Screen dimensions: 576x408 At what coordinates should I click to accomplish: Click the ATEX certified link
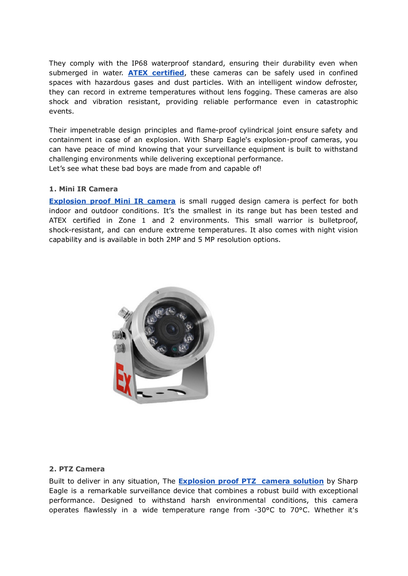(x=156, y=73)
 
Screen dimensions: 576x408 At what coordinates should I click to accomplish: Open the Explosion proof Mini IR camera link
(x=112, y=201)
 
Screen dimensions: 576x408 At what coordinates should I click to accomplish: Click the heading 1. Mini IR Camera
(x=83, y=189)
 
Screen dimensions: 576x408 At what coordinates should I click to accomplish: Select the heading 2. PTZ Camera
(x=77, y=469)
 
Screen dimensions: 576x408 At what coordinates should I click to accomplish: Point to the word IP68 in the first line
(x=139, y=63)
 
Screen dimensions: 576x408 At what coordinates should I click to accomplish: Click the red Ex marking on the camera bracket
(x=123, y=379)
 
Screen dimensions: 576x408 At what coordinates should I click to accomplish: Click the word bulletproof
(x=338, y=220)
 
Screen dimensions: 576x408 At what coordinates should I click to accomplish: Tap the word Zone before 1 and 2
(x=127, y=220)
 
